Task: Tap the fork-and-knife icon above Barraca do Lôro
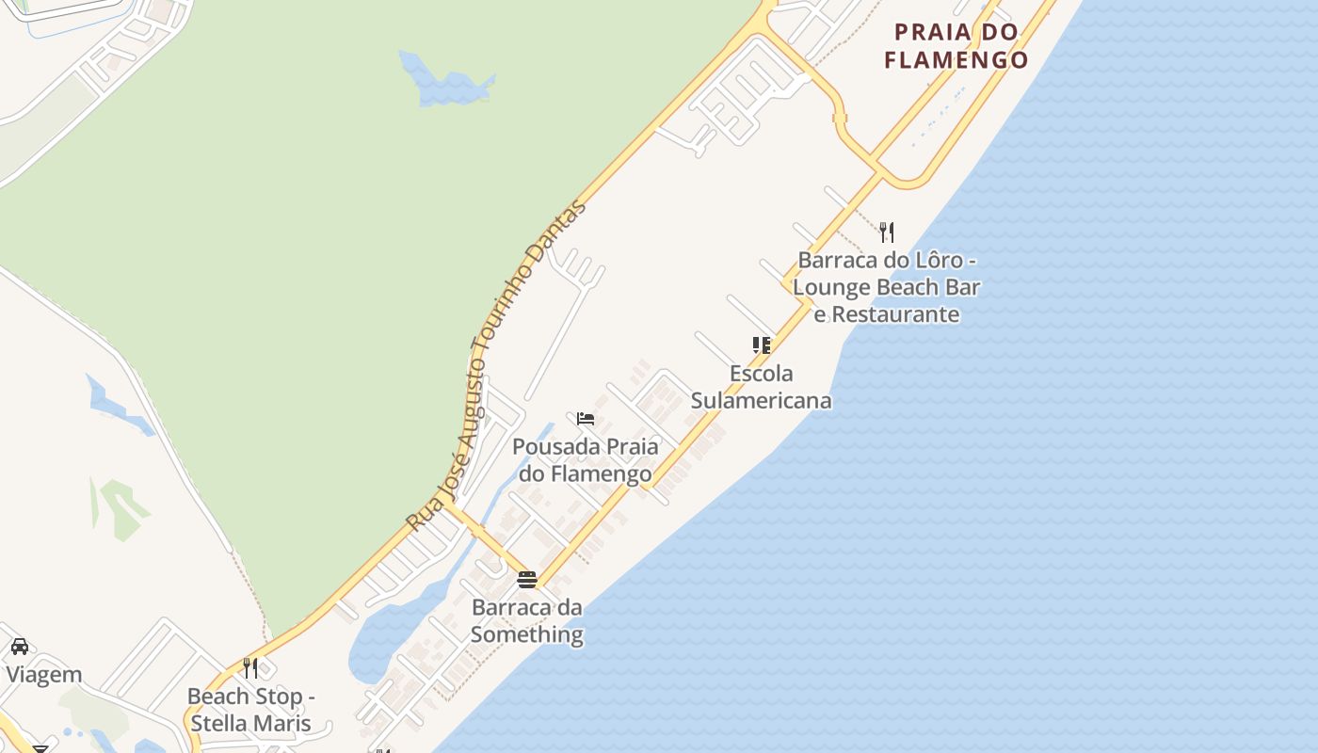click(x=886, y=232)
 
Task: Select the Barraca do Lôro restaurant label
click(x=886, y=287)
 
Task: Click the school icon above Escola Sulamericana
click(x=761, y=345)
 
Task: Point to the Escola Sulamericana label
click(x=761, y=387)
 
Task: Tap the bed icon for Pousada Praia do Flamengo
click(x=586, y=418)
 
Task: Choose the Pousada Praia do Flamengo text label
click(x=586, y=459)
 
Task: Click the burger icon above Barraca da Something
click(x=527, y=579)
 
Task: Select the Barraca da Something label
click(x=527, y=620)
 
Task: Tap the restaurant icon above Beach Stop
click(x=250, y=667)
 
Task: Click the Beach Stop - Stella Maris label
click(x=250, y=710)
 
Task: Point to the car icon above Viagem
click(x=19, y=647)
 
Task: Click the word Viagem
click(x=44, y=675)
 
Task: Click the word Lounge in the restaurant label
click(x=836, y=287)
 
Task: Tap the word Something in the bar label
click(x=527, y=634)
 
